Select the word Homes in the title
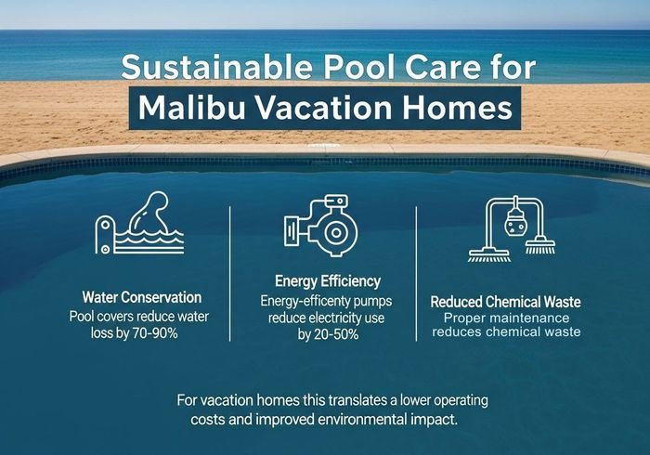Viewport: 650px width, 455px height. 460,108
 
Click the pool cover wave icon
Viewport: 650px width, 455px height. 140,226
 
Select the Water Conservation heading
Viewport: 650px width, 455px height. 141,298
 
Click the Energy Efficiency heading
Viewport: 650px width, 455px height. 328,280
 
